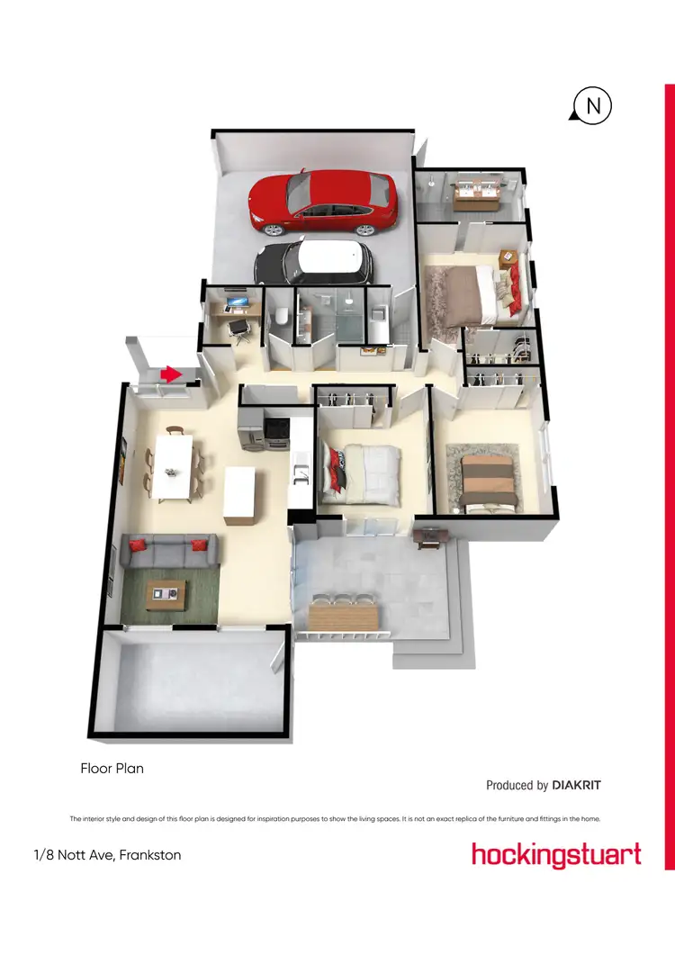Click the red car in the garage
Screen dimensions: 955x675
tap(324, 199)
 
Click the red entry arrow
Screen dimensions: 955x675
tap(170, 374)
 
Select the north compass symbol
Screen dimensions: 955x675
tap(592, 107)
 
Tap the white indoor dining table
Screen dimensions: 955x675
tap(173, 465)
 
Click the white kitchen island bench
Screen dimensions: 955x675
tap(240, 495)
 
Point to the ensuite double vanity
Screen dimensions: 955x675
tap(476, 193)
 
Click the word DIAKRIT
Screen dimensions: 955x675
tap(576, 785)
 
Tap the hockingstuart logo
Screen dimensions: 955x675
tap(556, 854)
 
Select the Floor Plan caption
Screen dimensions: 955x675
tap(112, 769)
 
